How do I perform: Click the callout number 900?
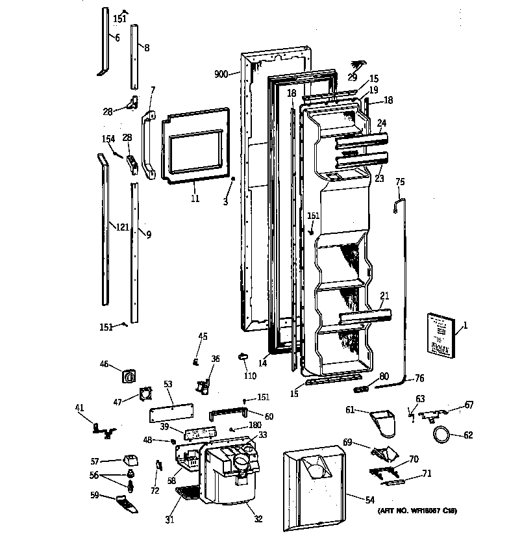coord(221,74)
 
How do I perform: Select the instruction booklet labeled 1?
coord(439,335)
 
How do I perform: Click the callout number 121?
coord(121,227)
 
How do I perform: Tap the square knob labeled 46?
coord(129,376)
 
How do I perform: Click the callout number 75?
coord(400,182)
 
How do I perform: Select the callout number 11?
coord(195,198)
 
